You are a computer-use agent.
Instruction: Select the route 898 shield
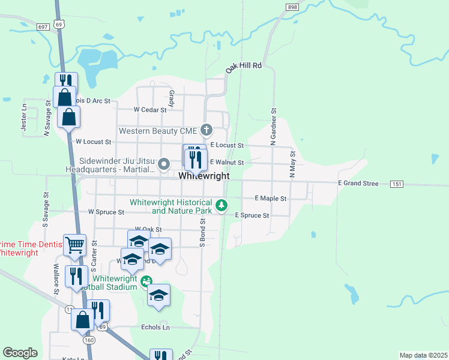coord(292,7)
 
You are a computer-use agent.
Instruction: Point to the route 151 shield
coord(396,183)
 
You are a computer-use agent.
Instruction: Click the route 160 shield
coord(89,340)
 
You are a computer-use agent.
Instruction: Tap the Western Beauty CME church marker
coord(206,130)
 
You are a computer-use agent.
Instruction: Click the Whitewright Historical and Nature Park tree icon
coord(221,206)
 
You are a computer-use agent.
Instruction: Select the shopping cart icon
coord(75,244)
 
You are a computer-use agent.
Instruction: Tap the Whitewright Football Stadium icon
coord(146,280)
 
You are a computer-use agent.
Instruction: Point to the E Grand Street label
coord(358,183)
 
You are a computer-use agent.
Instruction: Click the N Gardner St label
coord(273,127)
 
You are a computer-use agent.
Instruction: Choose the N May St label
coord(292,164)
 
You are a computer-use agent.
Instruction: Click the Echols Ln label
coord(155,327)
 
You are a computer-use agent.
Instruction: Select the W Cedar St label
coord(148,110)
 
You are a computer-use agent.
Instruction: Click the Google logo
coord(20,353)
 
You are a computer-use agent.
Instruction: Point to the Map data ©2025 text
coord(423,355)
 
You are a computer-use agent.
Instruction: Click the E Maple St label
coord(271,198)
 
